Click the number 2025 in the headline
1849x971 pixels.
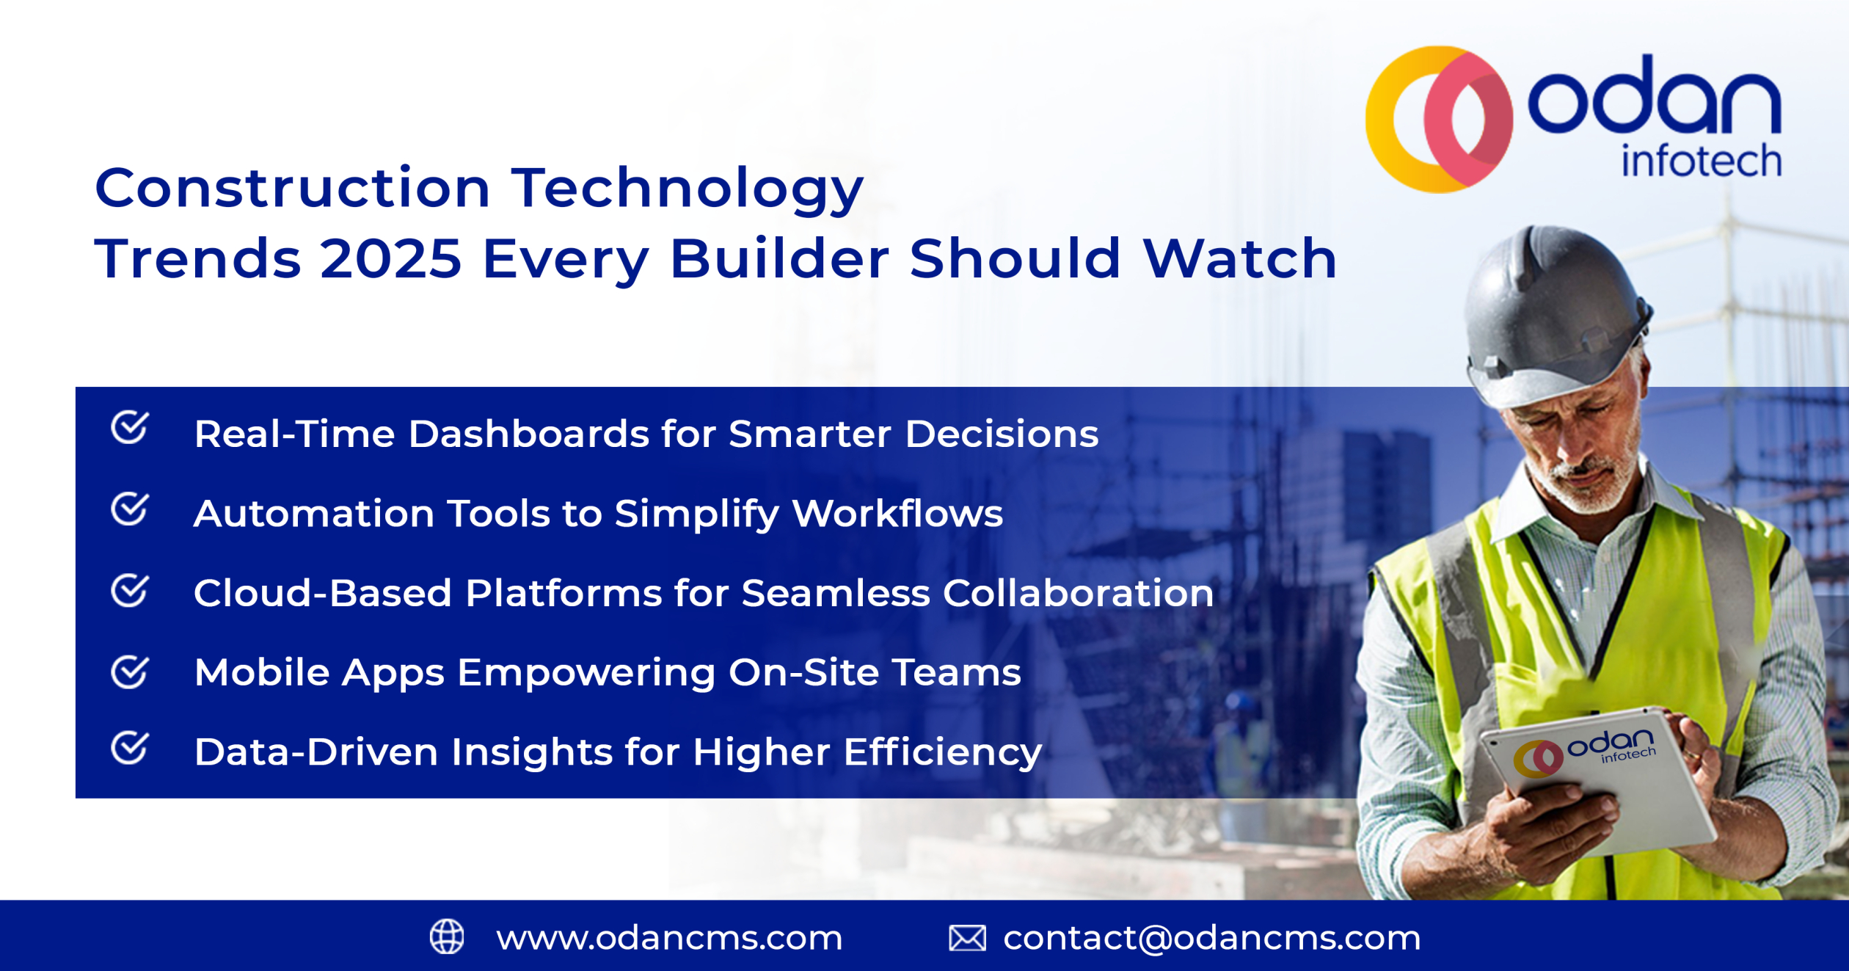tap(390, 259)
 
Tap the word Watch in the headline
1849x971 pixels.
tap(1240, 259)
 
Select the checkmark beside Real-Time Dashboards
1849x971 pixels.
tap(130, 428)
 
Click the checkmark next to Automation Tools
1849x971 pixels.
tap(130, 509)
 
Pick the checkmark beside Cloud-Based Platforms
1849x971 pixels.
tap(130, 590)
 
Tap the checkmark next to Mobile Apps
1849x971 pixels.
tap(130, 672)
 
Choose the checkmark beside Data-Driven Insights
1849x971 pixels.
tap(130, 748)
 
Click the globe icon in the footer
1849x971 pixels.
tap(447, 937)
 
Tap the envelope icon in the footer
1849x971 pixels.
tap(967, 938)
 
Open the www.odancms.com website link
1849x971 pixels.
tap(669, 938)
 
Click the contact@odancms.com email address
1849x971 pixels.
tap(1211, 938)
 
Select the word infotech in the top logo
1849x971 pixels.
tap(1701, 161)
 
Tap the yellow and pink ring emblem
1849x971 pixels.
tap(1438, 120)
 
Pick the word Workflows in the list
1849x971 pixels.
tap(897, 513)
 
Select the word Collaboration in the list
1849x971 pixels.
tap(1078, 593)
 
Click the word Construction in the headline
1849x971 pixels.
tap(292, 188)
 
